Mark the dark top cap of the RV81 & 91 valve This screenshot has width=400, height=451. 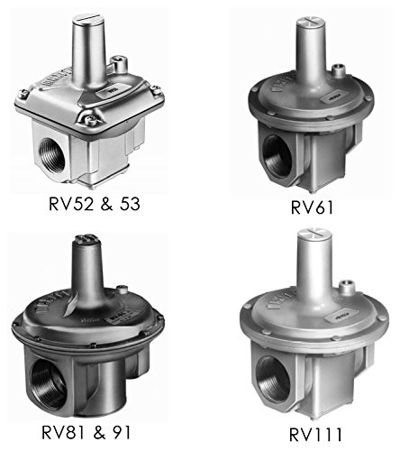(x=86, y=243)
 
